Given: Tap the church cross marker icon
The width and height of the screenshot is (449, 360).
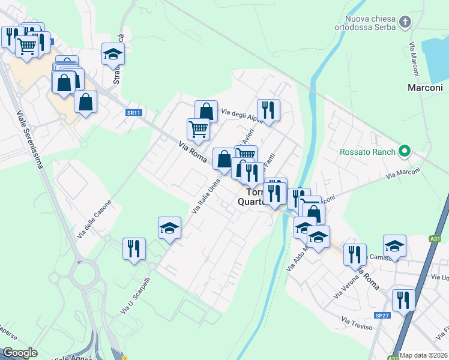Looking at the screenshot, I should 406,23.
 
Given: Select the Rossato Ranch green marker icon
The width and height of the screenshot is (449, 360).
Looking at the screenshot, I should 405,152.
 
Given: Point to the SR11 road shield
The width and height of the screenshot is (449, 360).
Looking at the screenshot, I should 133,112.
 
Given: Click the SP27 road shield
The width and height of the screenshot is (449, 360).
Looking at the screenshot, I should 382,315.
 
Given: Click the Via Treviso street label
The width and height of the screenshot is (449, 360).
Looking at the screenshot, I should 357,323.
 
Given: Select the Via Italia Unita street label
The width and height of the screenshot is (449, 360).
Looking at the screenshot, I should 206,196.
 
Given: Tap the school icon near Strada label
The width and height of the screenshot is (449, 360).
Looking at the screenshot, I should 112,55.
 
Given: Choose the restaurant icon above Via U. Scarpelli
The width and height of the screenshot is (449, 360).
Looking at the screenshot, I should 133,248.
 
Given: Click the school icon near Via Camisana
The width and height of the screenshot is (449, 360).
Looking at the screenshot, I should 394,245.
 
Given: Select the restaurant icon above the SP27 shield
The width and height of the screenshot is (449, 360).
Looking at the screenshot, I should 403,299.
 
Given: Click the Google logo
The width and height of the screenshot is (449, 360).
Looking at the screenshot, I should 20,353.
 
